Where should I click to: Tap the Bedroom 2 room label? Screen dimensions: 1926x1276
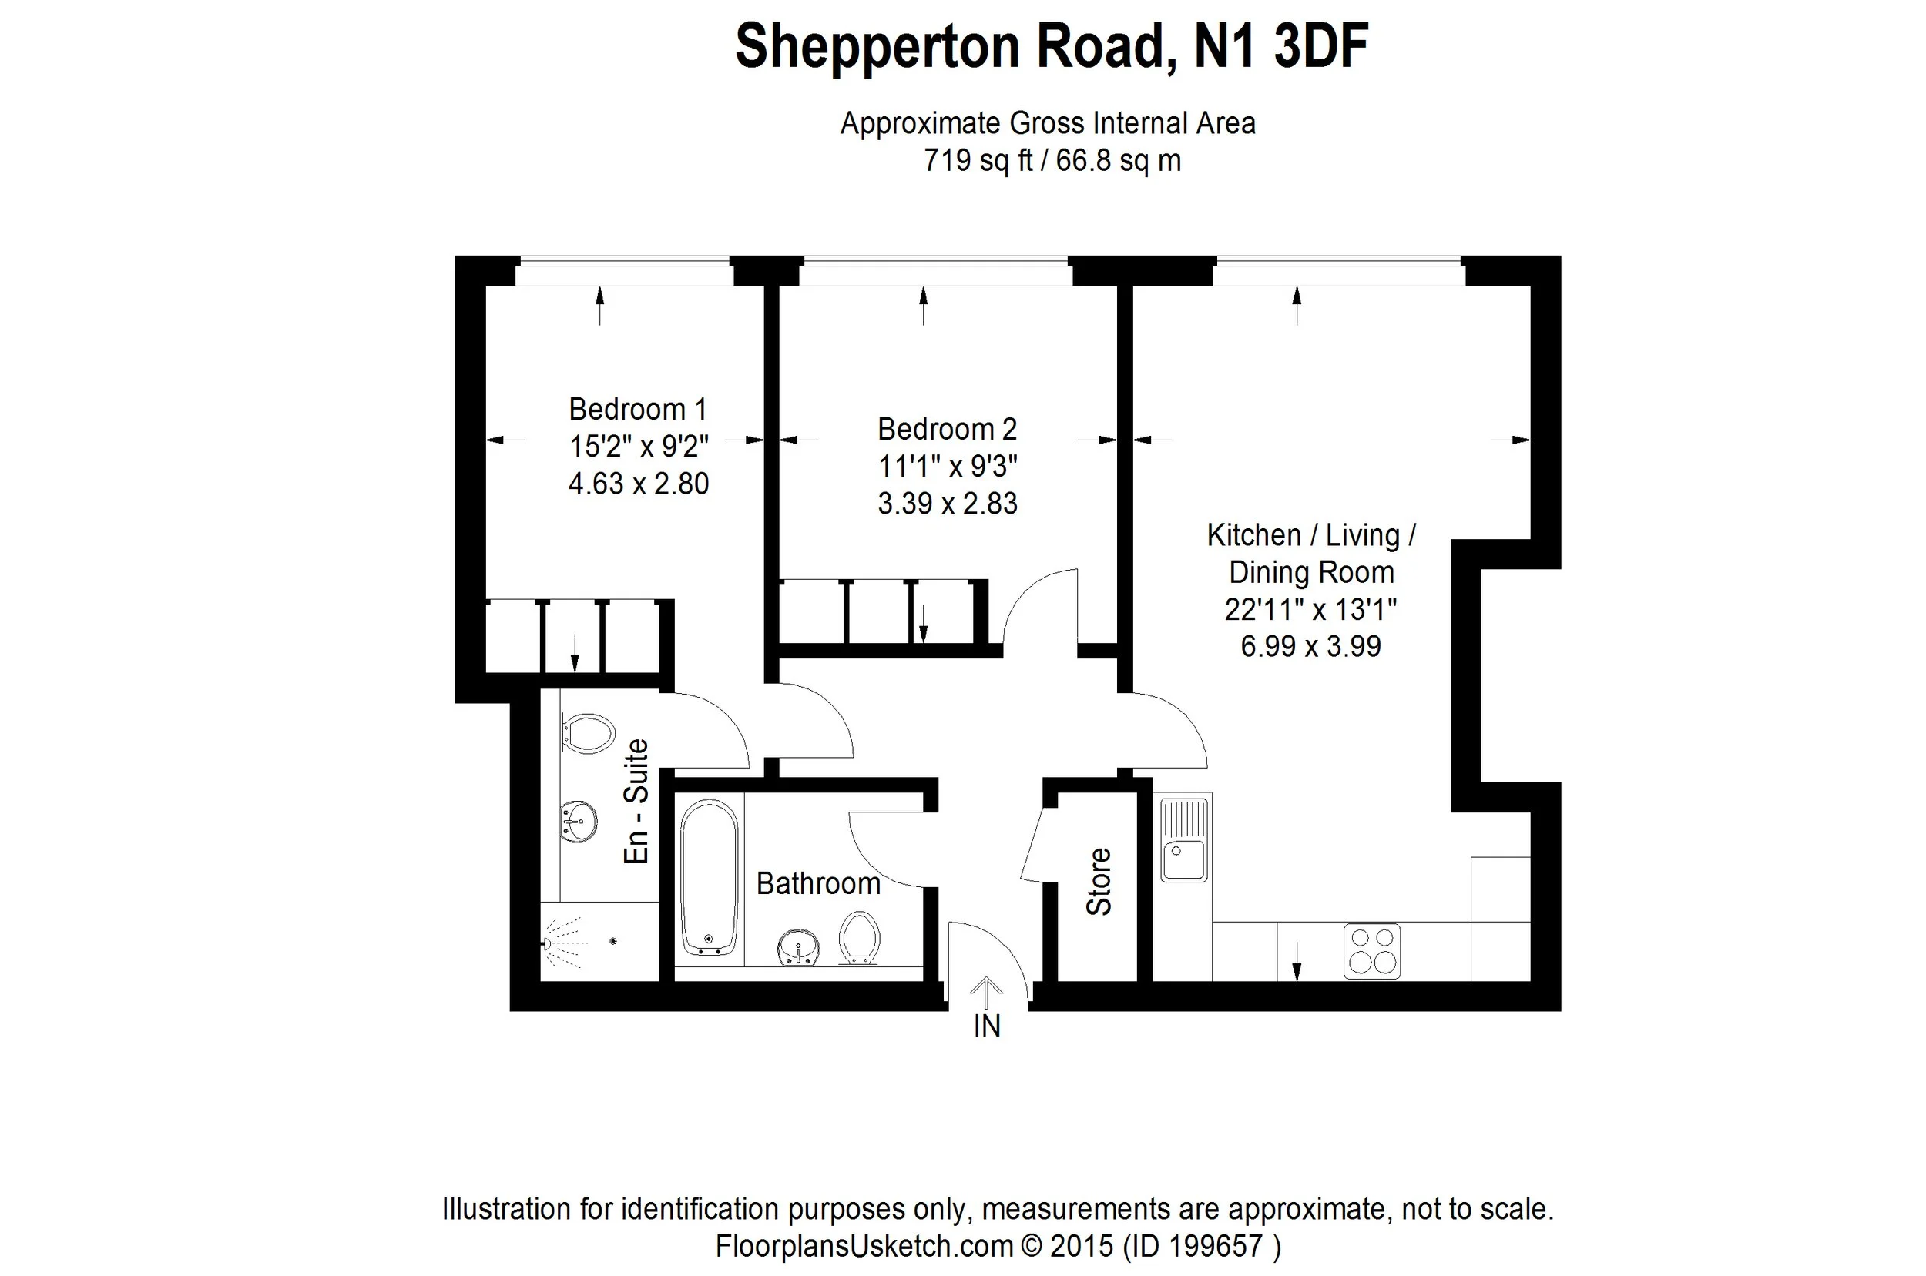tap(947, 429)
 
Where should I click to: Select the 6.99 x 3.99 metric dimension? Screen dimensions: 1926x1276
tap(1310, 646)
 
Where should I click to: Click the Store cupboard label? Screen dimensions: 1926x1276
tap(1098, 881)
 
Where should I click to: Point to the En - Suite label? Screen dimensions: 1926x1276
tap(636, 801)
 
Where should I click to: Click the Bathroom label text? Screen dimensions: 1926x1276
tap(818, 883)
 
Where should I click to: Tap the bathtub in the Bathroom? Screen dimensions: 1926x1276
tap(709, 877)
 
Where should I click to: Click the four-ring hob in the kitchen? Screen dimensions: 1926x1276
tap(1371, 950)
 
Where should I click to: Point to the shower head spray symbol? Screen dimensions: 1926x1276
tap(565, 943)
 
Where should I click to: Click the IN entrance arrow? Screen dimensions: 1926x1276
tap(987, 993)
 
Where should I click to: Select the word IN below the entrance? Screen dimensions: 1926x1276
tap(987, 1026)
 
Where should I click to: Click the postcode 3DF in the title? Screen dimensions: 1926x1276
tap(1321, 46)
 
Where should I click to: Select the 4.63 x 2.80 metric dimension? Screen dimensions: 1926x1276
tap(638, 484)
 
